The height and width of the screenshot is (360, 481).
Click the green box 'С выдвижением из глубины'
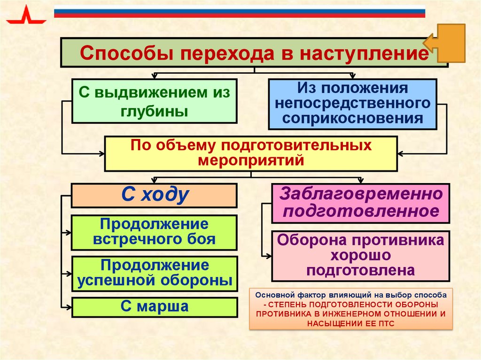coord(154,101)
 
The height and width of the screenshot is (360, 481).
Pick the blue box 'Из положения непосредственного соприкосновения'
coord(352,104)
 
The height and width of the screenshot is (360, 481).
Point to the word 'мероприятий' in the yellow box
coord(251,161)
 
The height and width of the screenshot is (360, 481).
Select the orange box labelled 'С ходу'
coord(154,195)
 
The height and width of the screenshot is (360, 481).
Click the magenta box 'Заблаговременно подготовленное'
coord(361,203)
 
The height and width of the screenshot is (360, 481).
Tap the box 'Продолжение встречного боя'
coord(154,232)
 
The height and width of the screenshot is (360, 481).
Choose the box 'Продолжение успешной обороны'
coord(154,273)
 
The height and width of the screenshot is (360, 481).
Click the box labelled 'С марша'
coord(154,307)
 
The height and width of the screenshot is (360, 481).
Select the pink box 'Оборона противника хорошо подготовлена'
coord(361,256)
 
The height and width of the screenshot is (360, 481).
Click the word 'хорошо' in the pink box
coord(360,256)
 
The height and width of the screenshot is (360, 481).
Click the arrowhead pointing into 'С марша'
coord(69,307)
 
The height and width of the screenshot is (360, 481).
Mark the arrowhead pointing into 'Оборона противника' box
coord(269,256)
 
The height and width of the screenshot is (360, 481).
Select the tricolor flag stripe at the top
coord(240,12)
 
